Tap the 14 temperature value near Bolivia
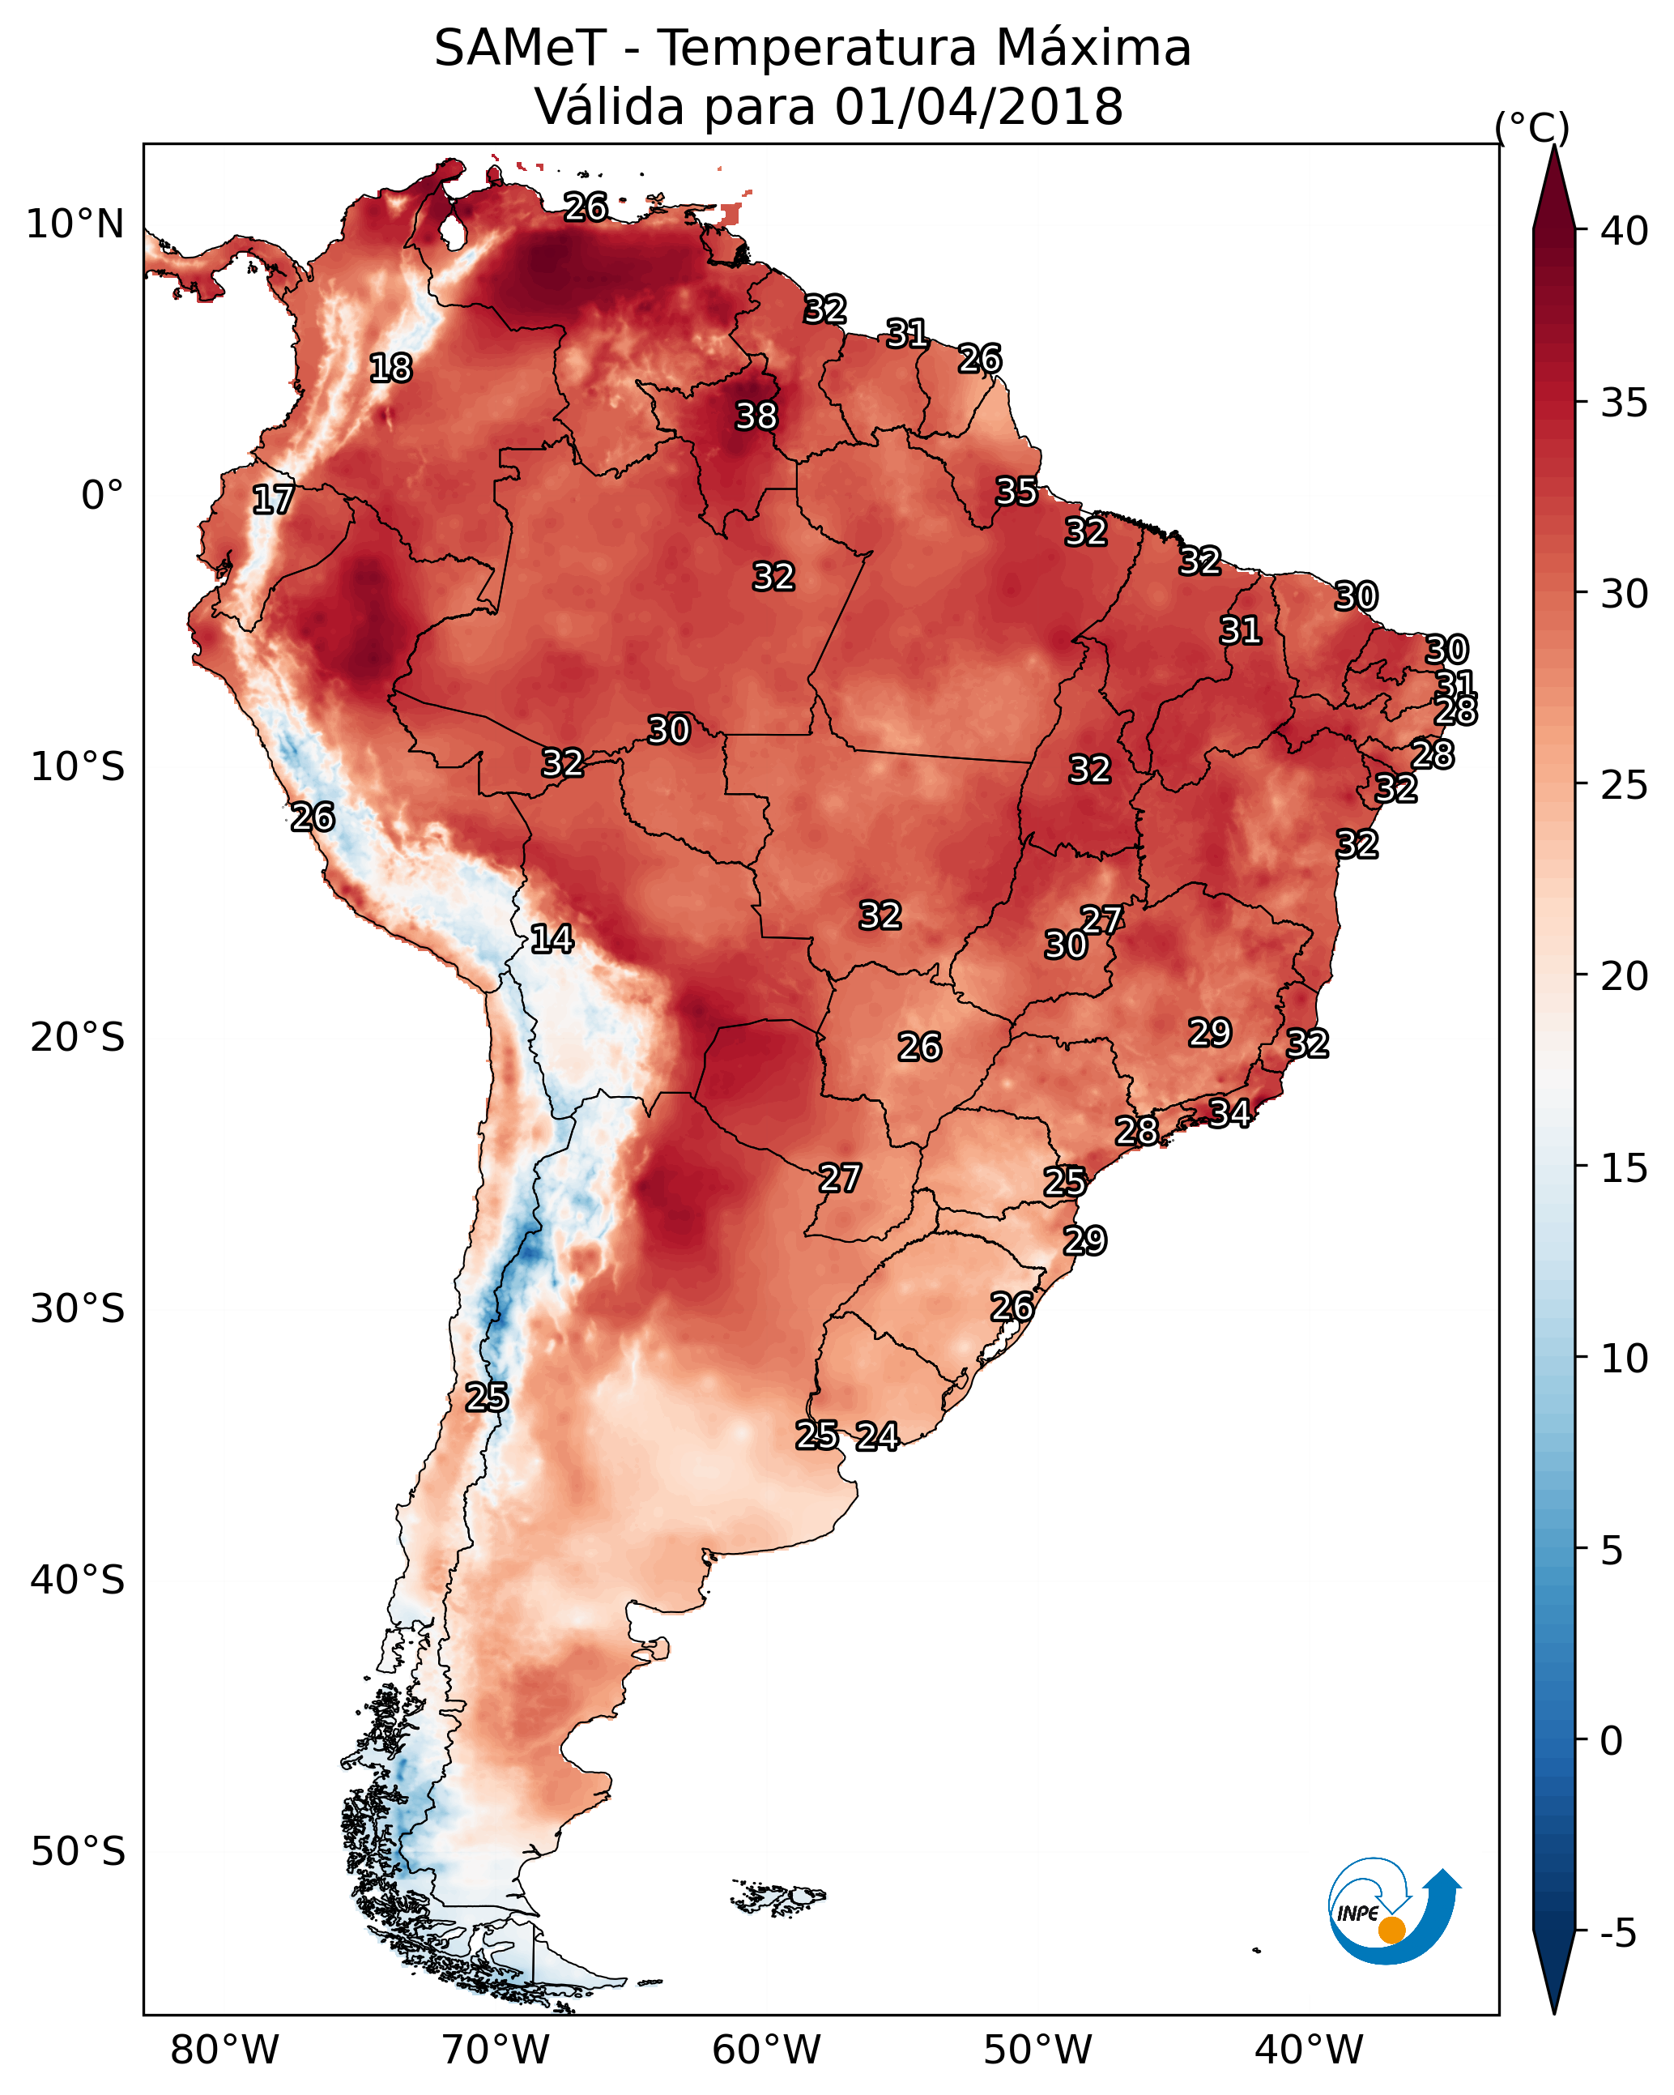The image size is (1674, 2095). point(551,939)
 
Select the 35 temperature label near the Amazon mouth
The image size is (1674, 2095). point(1016,492)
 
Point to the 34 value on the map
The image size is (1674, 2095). point(1229,1112)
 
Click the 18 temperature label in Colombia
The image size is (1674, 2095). point(390,369)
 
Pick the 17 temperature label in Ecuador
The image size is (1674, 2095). point(273,501)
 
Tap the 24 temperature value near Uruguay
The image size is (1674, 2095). point(877,1436)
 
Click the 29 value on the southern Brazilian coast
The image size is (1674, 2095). point(1084,1241)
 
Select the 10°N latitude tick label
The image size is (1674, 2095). point(75,224)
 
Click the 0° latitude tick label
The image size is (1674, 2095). point(103,496)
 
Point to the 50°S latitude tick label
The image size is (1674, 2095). point(78,1852)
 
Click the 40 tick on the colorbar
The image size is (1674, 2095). point(1625,231)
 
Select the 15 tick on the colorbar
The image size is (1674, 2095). point(1625,1168)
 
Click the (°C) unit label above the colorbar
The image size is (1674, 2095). point(1532,127)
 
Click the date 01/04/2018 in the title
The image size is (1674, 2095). point(978,107)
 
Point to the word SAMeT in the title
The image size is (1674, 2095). point(520,49)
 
